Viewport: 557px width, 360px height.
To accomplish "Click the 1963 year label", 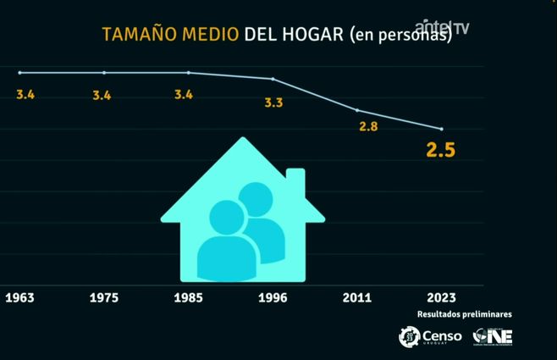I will (x=19, y=298).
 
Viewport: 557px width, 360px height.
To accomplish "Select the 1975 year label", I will (x=104, y=298).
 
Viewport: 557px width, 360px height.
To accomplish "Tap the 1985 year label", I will (x=188, y=298).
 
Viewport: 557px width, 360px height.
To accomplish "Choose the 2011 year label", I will (x=357, y=298).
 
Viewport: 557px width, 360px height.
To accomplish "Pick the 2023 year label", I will (x=441, y=298).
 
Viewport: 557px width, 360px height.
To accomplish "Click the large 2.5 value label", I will (x=440, y=152).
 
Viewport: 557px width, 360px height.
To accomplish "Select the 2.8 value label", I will (x=368, y=127).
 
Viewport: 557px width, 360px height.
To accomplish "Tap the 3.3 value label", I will (x=273, y=103).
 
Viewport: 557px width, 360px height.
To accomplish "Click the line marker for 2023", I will (x=441, y=129).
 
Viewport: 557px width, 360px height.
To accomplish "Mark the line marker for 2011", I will (x=357, y=110).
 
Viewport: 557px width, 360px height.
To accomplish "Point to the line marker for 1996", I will (x=273, y=79).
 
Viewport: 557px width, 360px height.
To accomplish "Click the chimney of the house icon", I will (x=295, y=180).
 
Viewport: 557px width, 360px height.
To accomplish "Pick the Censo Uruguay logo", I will (x=431, y=336).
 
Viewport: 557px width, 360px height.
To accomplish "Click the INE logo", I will (x=494, y=336).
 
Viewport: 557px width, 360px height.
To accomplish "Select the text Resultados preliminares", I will (x=464, y=314).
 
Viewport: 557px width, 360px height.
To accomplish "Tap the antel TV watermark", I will (x=442, y=26).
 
